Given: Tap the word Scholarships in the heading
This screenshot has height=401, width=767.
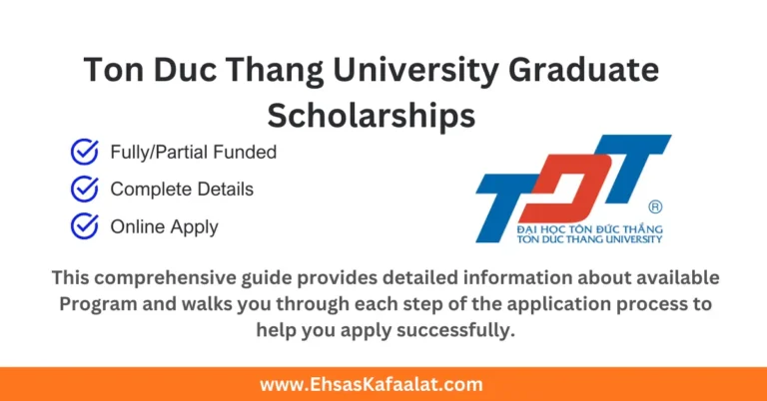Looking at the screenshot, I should click(371, 115).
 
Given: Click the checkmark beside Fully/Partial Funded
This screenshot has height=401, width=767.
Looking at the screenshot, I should click(84, 153).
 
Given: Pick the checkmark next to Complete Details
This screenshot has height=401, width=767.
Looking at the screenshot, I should click(84, 189).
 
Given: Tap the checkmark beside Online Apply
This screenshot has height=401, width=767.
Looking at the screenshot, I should click(84, 226).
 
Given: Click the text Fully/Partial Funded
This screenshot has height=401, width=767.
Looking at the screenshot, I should click(193, 153).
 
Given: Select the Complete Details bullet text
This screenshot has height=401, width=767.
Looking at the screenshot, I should click(182, 189).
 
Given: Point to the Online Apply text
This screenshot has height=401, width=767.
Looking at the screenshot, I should click(164, 226).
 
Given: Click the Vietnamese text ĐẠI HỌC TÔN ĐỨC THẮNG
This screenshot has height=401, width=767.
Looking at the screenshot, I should click(589, 228).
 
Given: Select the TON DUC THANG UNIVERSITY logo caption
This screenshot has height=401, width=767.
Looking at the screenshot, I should click(589, 240).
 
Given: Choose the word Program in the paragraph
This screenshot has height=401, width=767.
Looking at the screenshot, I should click(97, 303).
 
